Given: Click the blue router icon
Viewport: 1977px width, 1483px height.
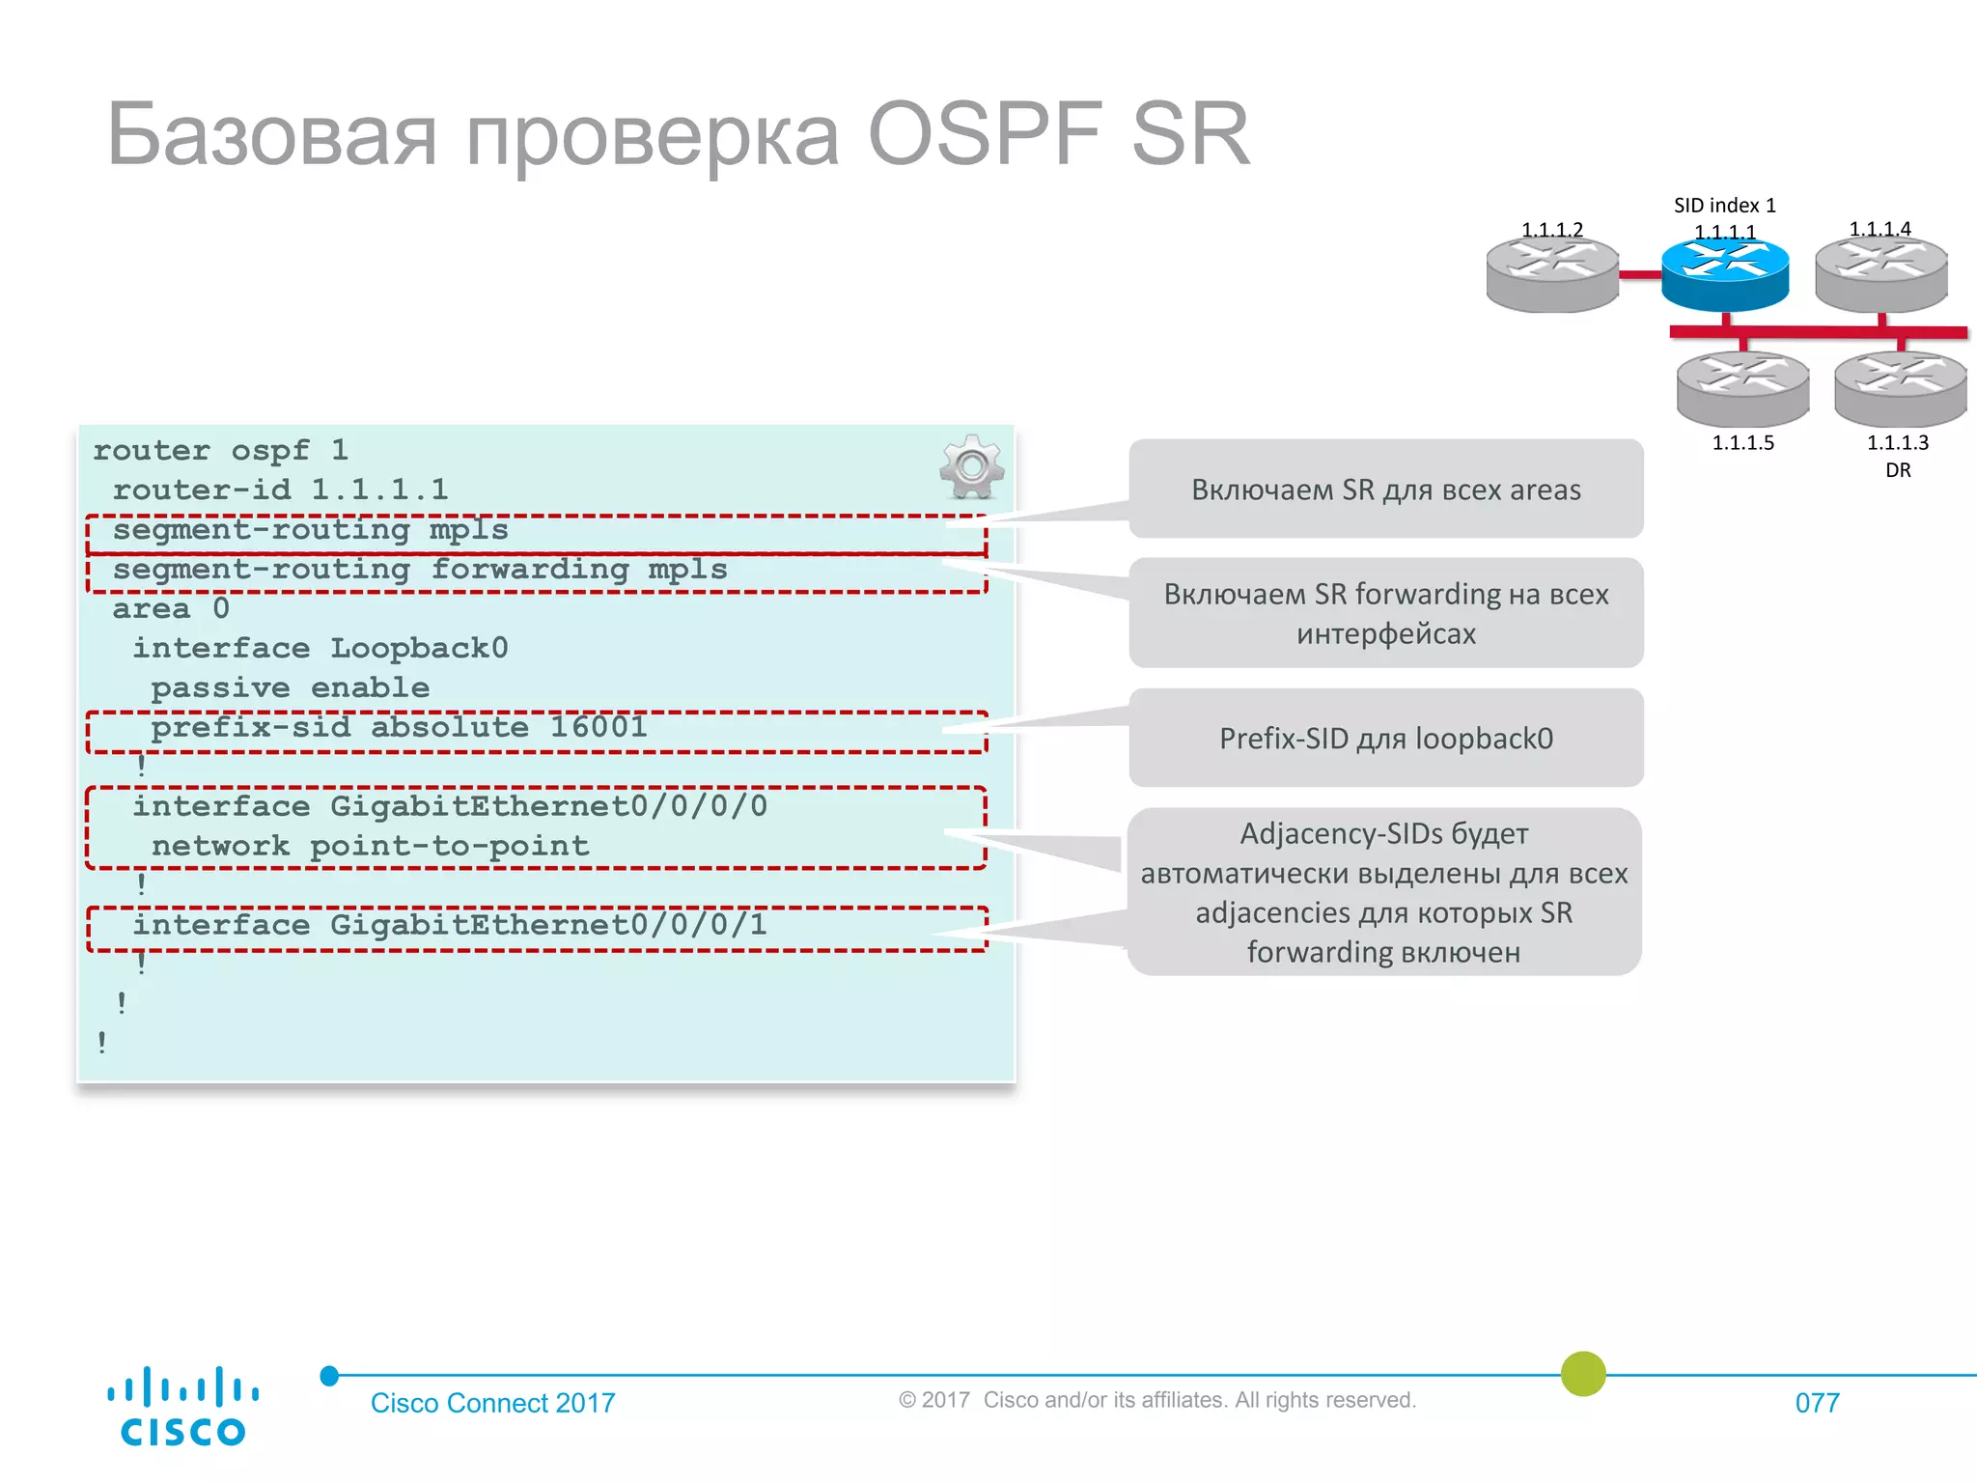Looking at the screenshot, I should [1725, 273].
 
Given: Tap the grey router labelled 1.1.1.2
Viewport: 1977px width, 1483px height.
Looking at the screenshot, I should [1552, 275].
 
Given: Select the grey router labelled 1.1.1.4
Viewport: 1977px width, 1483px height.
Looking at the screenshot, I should [1880, 274].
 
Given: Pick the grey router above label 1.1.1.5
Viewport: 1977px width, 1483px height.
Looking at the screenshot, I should [1742, 388].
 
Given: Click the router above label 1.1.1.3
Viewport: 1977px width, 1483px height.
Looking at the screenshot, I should [1900, 388].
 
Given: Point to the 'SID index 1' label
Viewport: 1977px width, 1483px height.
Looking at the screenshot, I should [1724, 206].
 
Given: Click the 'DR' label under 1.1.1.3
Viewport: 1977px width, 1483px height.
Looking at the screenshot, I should [1898, 470].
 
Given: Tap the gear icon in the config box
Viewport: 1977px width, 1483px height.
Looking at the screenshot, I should [971, 467].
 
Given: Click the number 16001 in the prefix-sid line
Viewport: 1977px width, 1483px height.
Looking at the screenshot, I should [599, 726].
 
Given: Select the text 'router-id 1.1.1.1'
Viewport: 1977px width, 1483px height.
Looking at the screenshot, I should [280, 490].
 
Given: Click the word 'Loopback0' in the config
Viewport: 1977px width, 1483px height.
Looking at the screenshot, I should [419, 648].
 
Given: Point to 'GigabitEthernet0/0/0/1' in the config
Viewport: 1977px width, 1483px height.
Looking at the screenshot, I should [547, 925].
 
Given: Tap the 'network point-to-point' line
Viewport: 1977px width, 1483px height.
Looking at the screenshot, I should [370, 846].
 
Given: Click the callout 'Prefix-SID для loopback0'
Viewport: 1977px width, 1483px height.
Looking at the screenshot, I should [1385, 739].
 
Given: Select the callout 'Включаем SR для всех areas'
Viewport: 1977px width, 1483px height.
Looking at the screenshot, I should [1385, 490].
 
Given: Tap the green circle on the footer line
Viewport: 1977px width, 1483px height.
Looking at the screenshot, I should [1583, 1374].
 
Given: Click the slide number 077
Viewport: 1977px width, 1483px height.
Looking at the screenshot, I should [1817, 1403].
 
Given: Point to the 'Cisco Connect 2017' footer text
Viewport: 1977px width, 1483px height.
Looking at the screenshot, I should [492, 1403].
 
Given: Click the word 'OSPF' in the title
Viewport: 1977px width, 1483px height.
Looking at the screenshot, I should [985, 135].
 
